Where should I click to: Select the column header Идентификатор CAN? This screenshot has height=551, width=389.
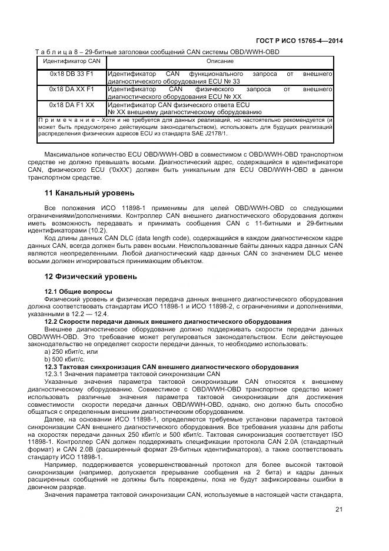pos(71,61)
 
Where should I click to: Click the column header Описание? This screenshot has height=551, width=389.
pos(220,61)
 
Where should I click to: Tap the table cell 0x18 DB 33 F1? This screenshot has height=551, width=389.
pos(71,74)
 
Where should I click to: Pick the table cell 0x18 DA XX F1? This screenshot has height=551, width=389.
pos(71,89)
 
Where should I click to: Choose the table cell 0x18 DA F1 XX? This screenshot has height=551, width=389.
pos(71,105)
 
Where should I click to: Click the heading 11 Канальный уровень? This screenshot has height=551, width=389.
pos(89,192)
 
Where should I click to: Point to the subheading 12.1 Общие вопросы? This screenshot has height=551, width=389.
pos(78,291)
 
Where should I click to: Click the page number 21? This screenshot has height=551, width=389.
pos(338,510)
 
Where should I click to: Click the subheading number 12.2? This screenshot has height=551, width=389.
pos(52,321)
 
